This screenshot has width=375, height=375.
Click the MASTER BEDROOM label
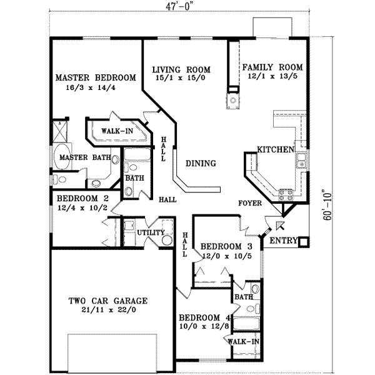click(x=96, y=78)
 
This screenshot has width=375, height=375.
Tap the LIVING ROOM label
click(x=182, y=69)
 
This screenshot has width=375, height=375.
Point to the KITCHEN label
click(x=276, y=150)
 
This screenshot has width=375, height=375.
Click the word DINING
click(x=201, y=164)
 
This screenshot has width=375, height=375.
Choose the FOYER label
click(x=250, y=204)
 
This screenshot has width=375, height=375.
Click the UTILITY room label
click(x=151, y=232)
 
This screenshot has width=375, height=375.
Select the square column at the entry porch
click(x=304, y=242)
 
